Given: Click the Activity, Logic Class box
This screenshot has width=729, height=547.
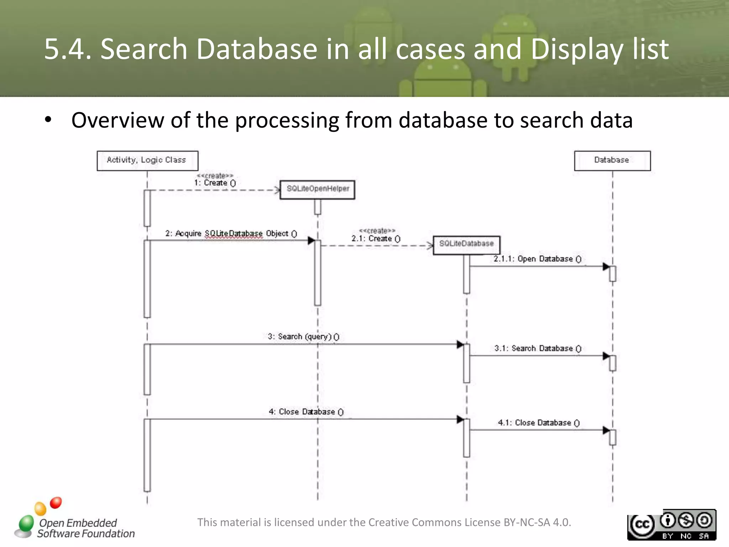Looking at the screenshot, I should [147, 161].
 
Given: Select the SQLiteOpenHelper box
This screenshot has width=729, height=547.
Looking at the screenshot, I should [317, 189].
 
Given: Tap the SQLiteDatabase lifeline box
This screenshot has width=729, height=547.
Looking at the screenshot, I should [466, 245].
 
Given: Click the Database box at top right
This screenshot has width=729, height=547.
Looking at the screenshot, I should [612, 161].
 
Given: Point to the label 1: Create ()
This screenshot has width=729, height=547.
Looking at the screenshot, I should [215, 183].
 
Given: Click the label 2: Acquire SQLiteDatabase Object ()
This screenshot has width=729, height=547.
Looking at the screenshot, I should [231, 234].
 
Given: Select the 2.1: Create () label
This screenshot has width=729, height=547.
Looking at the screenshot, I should [376, 239].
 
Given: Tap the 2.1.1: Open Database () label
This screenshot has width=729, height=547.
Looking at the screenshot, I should [537, 259].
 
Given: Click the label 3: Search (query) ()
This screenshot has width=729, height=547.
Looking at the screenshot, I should [303, 337].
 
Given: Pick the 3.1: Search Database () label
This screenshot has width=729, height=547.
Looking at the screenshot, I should [537, 348].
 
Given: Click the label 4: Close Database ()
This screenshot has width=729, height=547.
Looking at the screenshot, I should [306, 412].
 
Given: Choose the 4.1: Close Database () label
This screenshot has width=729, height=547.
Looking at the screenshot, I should [539, 423].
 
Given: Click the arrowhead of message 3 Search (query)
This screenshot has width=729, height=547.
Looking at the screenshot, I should [460, 344].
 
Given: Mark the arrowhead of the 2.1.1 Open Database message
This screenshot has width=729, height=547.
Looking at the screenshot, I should [606, 266].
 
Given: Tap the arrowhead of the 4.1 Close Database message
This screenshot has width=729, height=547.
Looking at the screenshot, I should [606, 430].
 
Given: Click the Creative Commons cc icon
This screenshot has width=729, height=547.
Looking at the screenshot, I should [642, 525].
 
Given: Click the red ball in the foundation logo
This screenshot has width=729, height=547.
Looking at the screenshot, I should [56, 503].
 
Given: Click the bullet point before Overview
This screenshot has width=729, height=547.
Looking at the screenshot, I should [48, 120].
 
